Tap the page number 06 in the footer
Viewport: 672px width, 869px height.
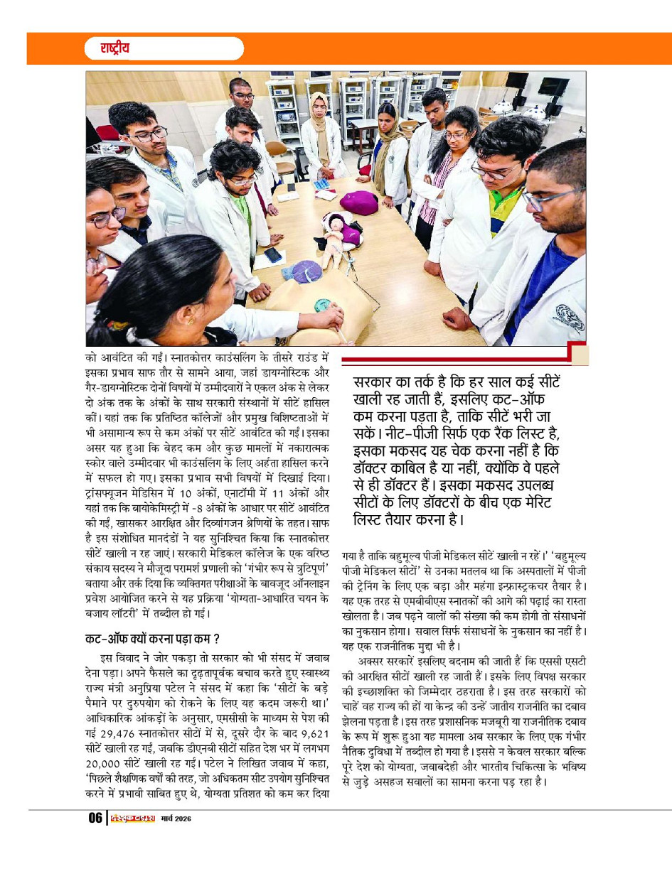pyautogui.click(x=95, y=818)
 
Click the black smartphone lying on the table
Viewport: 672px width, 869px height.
pyautogui.click(x=273, y=254)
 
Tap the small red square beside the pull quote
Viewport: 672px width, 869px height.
pyautogui.click(x=579, y=353)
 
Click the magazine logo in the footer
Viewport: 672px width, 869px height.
pyautogui.click(x=130, y=818)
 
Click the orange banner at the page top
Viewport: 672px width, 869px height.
pyautogui.click(x=455, y=48)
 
